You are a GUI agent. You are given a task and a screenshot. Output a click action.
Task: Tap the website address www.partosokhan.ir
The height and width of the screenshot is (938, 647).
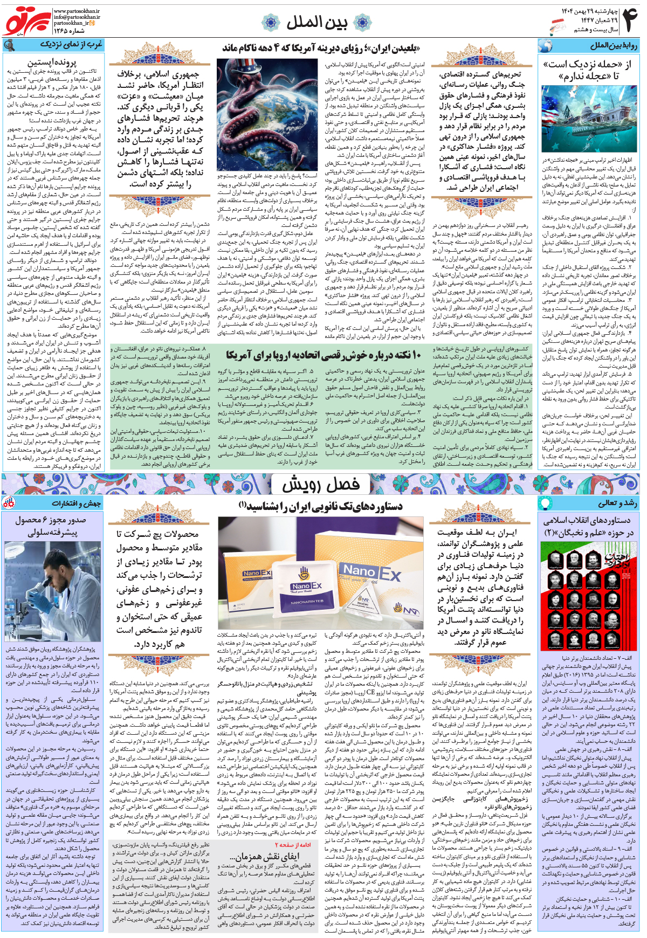click(77, 11)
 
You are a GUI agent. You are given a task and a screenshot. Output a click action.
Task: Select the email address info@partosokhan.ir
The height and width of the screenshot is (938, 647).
click(77, 17)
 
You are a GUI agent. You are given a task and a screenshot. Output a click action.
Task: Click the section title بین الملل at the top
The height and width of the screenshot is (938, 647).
click(316, 22)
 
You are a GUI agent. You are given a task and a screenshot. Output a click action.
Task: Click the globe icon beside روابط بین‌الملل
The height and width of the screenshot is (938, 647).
click(545, 46)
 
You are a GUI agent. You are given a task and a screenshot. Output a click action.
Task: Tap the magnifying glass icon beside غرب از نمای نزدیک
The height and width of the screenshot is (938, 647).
click(9, 45)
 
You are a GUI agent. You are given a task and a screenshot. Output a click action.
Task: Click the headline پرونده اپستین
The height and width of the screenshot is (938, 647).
click(52, 63)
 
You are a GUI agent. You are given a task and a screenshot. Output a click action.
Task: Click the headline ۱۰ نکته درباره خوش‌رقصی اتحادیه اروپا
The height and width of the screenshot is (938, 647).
click(323, 354)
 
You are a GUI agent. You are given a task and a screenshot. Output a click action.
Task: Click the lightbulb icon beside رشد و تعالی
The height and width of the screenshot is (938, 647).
click(545, 503)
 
